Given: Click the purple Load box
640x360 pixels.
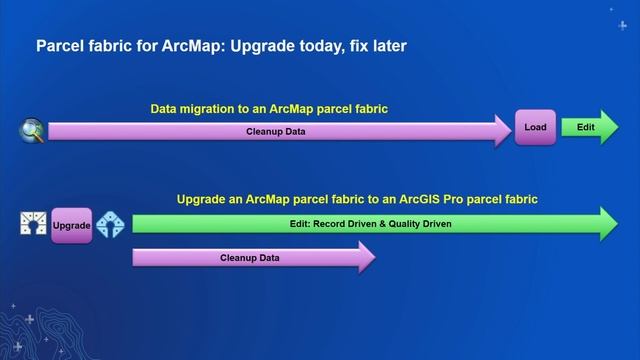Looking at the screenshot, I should point(535,128).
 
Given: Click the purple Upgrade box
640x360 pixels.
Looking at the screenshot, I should point(71,226).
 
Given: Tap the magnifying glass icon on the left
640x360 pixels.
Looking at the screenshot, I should point(31,129).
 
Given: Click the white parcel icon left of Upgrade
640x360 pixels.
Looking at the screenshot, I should point(34,225).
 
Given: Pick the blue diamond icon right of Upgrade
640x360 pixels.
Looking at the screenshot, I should point(110,226).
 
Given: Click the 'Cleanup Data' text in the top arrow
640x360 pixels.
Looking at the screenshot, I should point(276,131).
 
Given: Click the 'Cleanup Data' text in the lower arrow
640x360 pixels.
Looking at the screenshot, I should point(249,258).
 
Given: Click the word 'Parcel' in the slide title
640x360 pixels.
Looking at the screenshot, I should point(62,46).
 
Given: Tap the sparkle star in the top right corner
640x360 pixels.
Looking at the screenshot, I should point(612,9).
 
